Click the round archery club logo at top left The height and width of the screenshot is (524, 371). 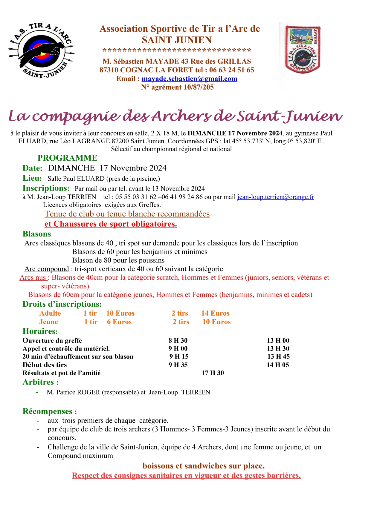(41, 51)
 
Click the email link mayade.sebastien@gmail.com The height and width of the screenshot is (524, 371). (189, 79)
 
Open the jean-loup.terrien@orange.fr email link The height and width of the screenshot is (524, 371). (275, 197)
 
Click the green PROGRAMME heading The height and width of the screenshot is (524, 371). (67, 158)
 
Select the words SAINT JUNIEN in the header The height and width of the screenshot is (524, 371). (177, 40)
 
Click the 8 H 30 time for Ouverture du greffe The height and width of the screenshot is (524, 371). (178, 341)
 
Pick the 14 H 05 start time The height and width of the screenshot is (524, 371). (278, 365)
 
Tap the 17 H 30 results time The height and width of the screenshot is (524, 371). (213, 373)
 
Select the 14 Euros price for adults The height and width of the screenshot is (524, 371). (215, 313)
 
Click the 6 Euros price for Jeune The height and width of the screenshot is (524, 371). (119, 322)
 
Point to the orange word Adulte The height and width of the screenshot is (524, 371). (50, 313)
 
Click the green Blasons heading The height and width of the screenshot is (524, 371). (37, 234)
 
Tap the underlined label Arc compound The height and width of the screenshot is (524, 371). (47, 269)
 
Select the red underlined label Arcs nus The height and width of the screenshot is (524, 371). (33, 278)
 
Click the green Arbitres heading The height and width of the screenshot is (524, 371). (40, 382)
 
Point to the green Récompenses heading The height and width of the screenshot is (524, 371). (50, 411)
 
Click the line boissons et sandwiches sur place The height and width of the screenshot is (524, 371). (204, 466)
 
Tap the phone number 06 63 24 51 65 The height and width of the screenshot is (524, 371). (232, 70)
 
